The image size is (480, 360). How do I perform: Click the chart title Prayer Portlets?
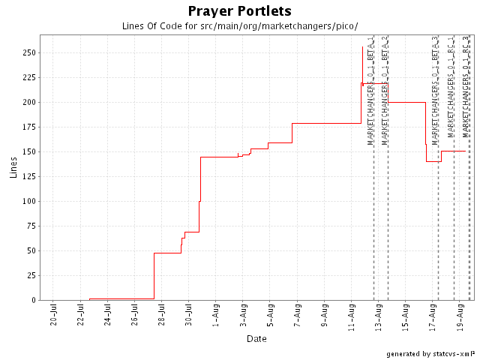click(x=239, y=11)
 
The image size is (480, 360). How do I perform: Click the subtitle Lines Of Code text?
click(x=239, y=25)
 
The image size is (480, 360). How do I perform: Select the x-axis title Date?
click(x=256, y=339)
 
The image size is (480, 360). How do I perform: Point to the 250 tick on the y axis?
click(x=27, y=52)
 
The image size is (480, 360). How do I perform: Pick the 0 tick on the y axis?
click(x=32, y=300)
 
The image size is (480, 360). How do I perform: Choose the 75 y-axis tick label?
click(x=29, y=250)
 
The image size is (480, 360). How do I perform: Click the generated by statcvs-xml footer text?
click(x=430, y=353)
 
